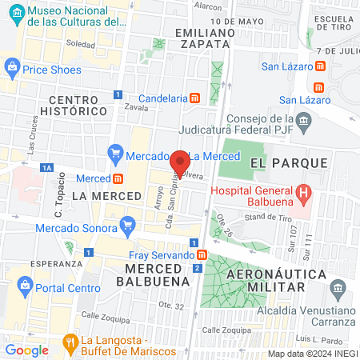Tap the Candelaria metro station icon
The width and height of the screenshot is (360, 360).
pyautogui.click(x=194, y=98)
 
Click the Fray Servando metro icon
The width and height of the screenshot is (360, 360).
pyautogui.click(x=202, y=255)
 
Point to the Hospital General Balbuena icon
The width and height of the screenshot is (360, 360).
pyautogui.click(x=303, y=193)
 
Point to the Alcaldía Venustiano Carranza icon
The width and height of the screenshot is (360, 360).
pyautogui.click(x=338, y=286)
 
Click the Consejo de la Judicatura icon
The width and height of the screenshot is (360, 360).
pyautogui.click(x=303, y=122)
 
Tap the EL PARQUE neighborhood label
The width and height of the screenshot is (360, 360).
pyautogui.click(x=289, y=162)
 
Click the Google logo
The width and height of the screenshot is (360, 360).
pyautogui.click(x=26, y=350)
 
